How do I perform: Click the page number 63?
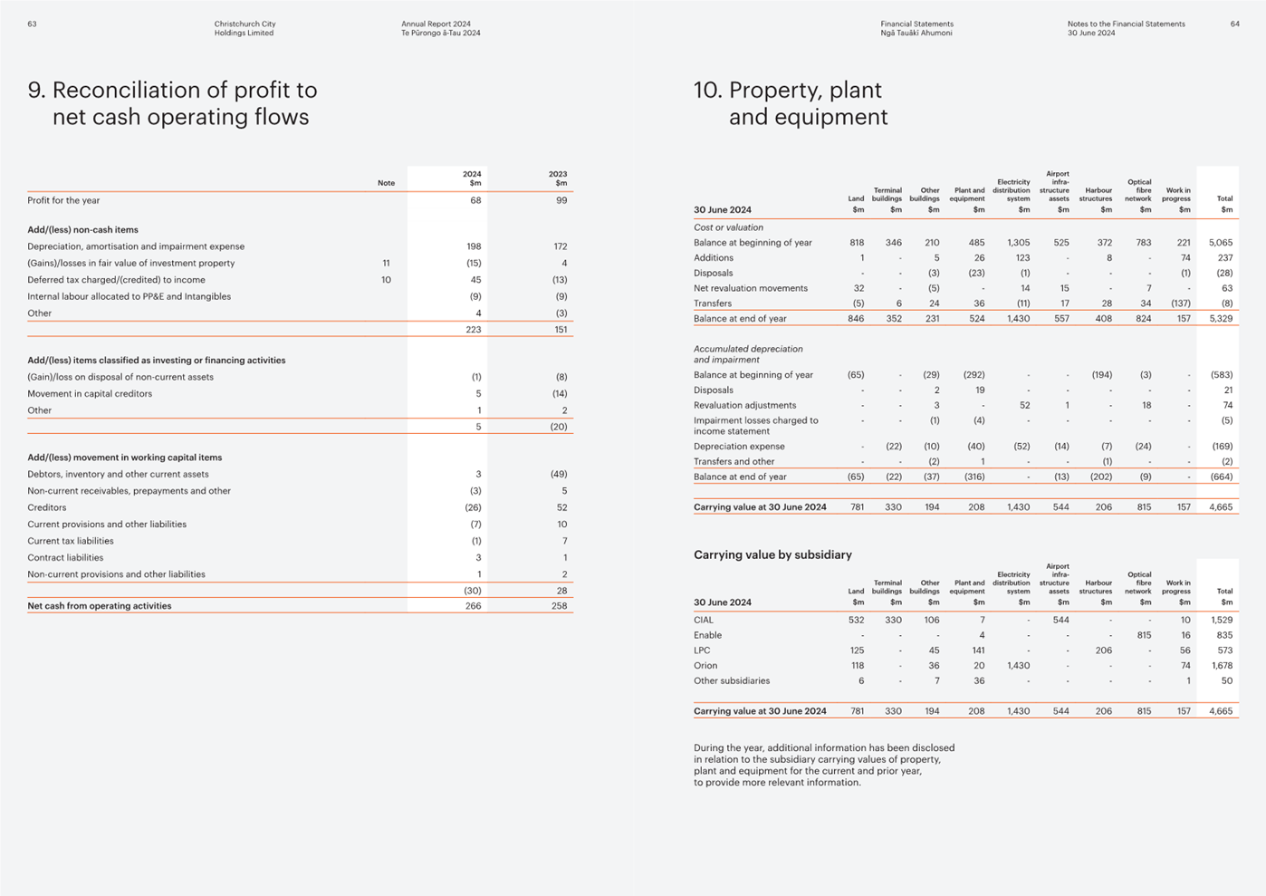coord(33,24)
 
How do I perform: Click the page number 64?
coord(1234,24)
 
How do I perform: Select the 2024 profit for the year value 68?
coord(475,200)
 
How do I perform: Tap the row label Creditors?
coord(47,507)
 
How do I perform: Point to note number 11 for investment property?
coord(386,263)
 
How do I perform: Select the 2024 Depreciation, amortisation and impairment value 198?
coord(474,246)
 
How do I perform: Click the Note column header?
coord(386,183)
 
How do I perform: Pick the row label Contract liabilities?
coord(65,557)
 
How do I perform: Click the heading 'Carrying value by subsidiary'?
coord(772,554)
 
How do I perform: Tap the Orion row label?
coord(705,665)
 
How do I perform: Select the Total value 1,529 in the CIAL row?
coord(1222,620)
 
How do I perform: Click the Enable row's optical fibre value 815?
coord(1144,635)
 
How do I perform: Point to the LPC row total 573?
coord(1224,650)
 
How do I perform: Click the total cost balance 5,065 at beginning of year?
coord(1221,243)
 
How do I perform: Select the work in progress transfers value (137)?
coord(1181,303)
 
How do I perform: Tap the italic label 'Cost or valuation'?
coord(728,227)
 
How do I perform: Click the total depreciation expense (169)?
coord(1223,446)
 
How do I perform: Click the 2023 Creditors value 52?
coord(561,507)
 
